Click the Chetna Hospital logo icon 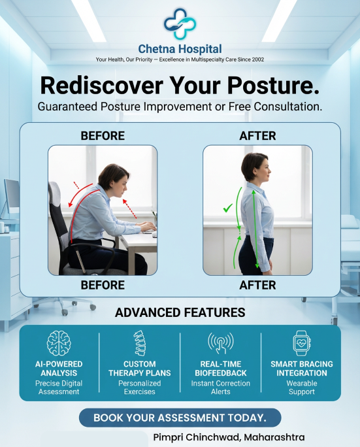coord(180,25)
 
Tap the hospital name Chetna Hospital coord(180,49)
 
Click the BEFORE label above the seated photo coord(103,136)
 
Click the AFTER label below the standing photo coord(257,285)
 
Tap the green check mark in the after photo coord(228,208)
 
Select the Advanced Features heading coord(180,312)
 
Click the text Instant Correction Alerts coord(220,388)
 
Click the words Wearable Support coord(301,388)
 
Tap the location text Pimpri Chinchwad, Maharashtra coord(229,437)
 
